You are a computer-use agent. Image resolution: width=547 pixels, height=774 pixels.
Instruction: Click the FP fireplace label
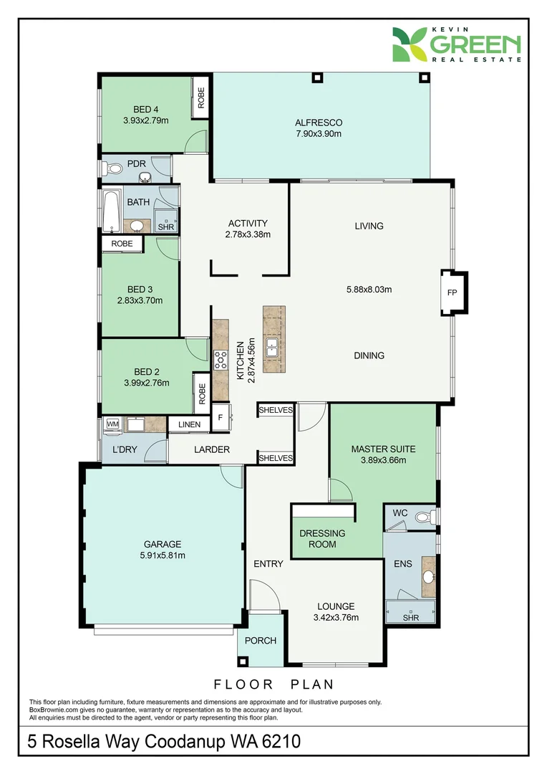[452, 292]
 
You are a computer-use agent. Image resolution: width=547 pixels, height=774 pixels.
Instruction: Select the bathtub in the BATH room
[111, 211]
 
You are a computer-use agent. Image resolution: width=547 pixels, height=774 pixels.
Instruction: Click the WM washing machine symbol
[112, 424]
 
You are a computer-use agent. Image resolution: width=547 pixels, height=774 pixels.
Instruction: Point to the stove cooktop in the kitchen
[221, 360]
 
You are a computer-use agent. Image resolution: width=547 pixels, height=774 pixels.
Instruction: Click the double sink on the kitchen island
[272, 348]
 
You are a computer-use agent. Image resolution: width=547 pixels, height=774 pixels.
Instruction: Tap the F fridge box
[220, 418]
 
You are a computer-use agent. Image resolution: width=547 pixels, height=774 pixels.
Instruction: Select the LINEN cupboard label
[190, 424]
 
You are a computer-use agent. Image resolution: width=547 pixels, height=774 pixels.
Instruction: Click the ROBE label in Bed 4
[200, 97]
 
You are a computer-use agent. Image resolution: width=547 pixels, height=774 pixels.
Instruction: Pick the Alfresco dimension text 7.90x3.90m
[319, 134]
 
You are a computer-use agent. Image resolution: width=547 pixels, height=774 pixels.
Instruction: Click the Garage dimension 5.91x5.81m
[163, 555]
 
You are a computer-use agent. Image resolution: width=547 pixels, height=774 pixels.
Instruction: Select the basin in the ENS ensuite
[429, 576]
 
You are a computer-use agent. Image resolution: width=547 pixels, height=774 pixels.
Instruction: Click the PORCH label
[261, 641]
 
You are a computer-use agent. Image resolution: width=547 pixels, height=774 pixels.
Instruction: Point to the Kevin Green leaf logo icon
[410, 44]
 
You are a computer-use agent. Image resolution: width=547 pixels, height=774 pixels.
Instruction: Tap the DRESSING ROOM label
[322, 538]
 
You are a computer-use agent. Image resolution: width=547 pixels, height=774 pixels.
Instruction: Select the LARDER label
[212, 449]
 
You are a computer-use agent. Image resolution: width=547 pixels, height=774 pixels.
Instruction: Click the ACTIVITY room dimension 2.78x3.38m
[248, 234]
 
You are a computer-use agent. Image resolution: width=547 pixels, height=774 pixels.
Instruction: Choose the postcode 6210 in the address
[281, 742]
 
